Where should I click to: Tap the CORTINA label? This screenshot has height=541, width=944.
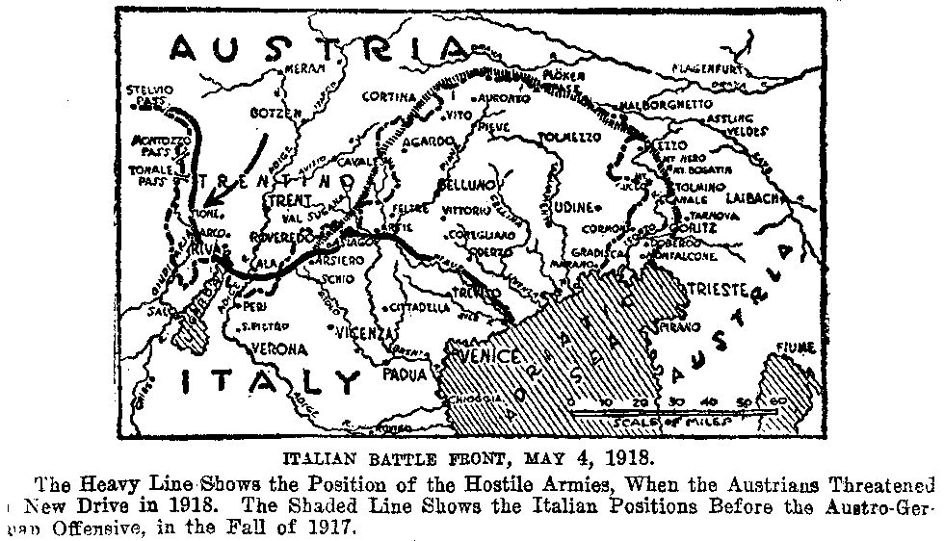[x=389, y=96]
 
